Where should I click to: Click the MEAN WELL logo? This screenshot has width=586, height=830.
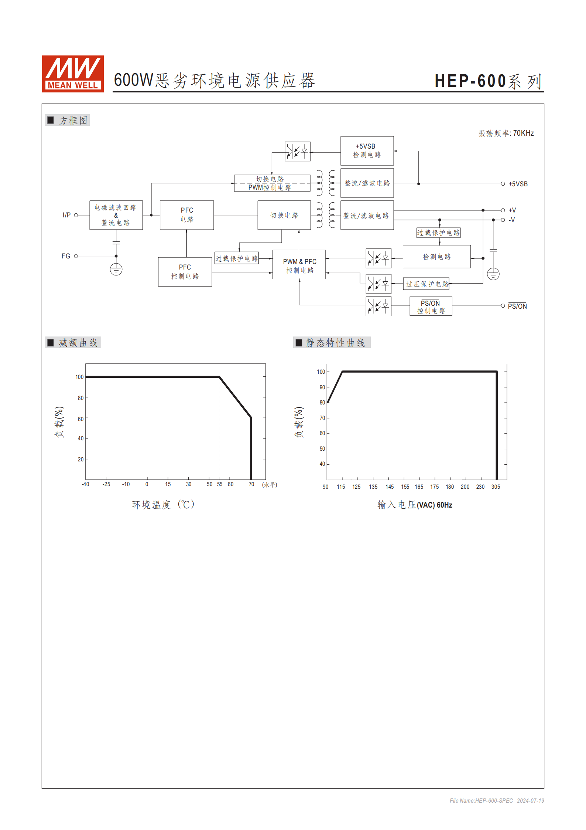(73, 74)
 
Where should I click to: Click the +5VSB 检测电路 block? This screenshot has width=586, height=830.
(367, 150)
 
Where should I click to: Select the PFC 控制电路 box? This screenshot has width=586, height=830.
(185, 272)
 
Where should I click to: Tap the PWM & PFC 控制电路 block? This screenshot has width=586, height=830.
(299, 265)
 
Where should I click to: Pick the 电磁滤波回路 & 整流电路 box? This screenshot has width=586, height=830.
(116, 215)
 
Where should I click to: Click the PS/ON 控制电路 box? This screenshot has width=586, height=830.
(431, 306)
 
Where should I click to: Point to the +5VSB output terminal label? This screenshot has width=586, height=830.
(518, 184)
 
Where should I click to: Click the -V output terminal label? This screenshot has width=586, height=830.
(512, 220)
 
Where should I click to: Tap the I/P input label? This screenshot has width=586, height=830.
(66, 215)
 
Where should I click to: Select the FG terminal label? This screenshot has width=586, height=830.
(66, 256)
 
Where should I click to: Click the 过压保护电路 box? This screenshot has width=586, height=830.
(426, 284)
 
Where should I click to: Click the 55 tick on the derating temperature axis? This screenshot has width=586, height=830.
(220, 484)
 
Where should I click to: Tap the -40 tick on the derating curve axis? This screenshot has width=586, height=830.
(85, 484)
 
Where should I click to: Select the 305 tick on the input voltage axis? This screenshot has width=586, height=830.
(496, 487)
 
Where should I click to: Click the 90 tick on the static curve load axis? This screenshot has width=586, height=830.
(322, 387)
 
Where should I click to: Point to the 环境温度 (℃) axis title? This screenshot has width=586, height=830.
(163, 505)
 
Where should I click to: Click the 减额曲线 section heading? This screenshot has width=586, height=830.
(78, 343)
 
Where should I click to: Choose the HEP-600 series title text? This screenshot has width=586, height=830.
(488, 81)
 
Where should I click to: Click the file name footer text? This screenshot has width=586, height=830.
(497, 800)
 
